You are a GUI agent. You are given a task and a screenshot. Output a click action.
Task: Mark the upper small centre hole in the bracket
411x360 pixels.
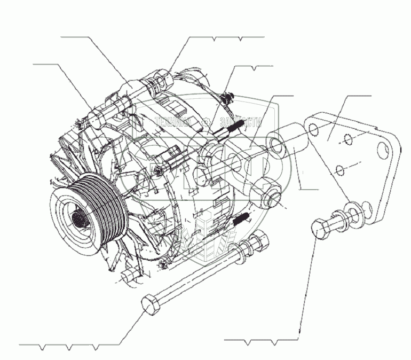coord(347,141)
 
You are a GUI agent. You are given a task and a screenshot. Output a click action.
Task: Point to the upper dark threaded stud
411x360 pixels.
coord(236,127)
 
